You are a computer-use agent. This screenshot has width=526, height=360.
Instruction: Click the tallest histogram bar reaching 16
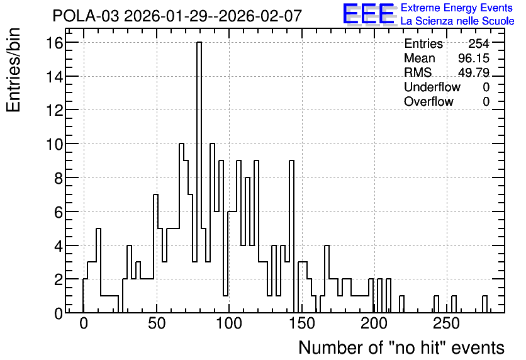tap(199, 177)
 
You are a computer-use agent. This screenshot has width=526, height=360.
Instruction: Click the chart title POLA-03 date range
tap(177, 16)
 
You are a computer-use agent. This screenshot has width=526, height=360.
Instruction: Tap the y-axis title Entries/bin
tap(14, 70)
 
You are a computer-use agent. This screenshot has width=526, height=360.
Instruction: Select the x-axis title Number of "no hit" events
tap(401, 347)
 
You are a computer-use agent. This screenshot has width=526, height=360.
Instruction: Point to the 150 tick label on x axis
tap(301, 323)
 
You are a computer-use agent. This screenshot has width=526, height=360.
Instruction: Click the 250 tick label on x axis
tap(447, 323)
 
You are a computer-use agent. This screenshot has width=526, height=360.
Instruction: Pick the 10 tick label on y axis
tap(54, 144)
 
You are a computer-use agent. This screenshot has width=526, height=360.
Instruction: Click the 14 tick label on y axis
tap(54, 77)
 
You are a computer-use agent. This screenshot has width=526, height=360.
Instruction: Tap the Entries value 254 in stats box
tap(479, 43)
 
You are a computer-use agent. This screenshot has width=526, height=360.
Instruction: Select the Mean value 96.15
tap(474, 58)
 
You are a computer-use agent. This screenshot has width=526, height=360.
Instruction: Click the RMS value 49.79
tap(474, 72)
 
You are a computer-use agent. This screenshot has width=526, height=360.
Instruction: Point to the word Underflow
tap(432, 87)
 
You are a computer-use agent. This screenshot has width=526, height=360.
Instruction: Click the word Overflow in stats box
tap(428, 101)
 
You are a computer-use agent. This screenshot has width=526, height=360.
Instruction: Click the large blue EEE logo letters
tap(369, 14)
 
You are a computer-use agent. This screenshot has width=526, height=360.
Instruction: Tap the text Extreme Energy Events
tap(457, 8)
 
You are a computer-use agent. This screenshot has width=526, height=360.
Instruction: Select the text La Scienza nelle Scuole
tap(457, 21)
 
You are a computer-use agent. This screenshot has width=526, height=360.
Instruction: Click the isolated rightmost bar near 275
tap(484, 305)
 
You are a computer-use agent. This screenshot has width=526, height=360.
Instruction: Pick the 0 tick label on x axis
tap(84, 323)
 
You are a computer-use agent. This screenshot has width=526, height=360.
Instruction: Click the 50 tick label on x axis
tap(157, 323)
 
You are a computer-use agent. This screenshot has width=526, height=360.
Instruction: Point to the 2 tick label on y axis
tap(59, 279)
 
